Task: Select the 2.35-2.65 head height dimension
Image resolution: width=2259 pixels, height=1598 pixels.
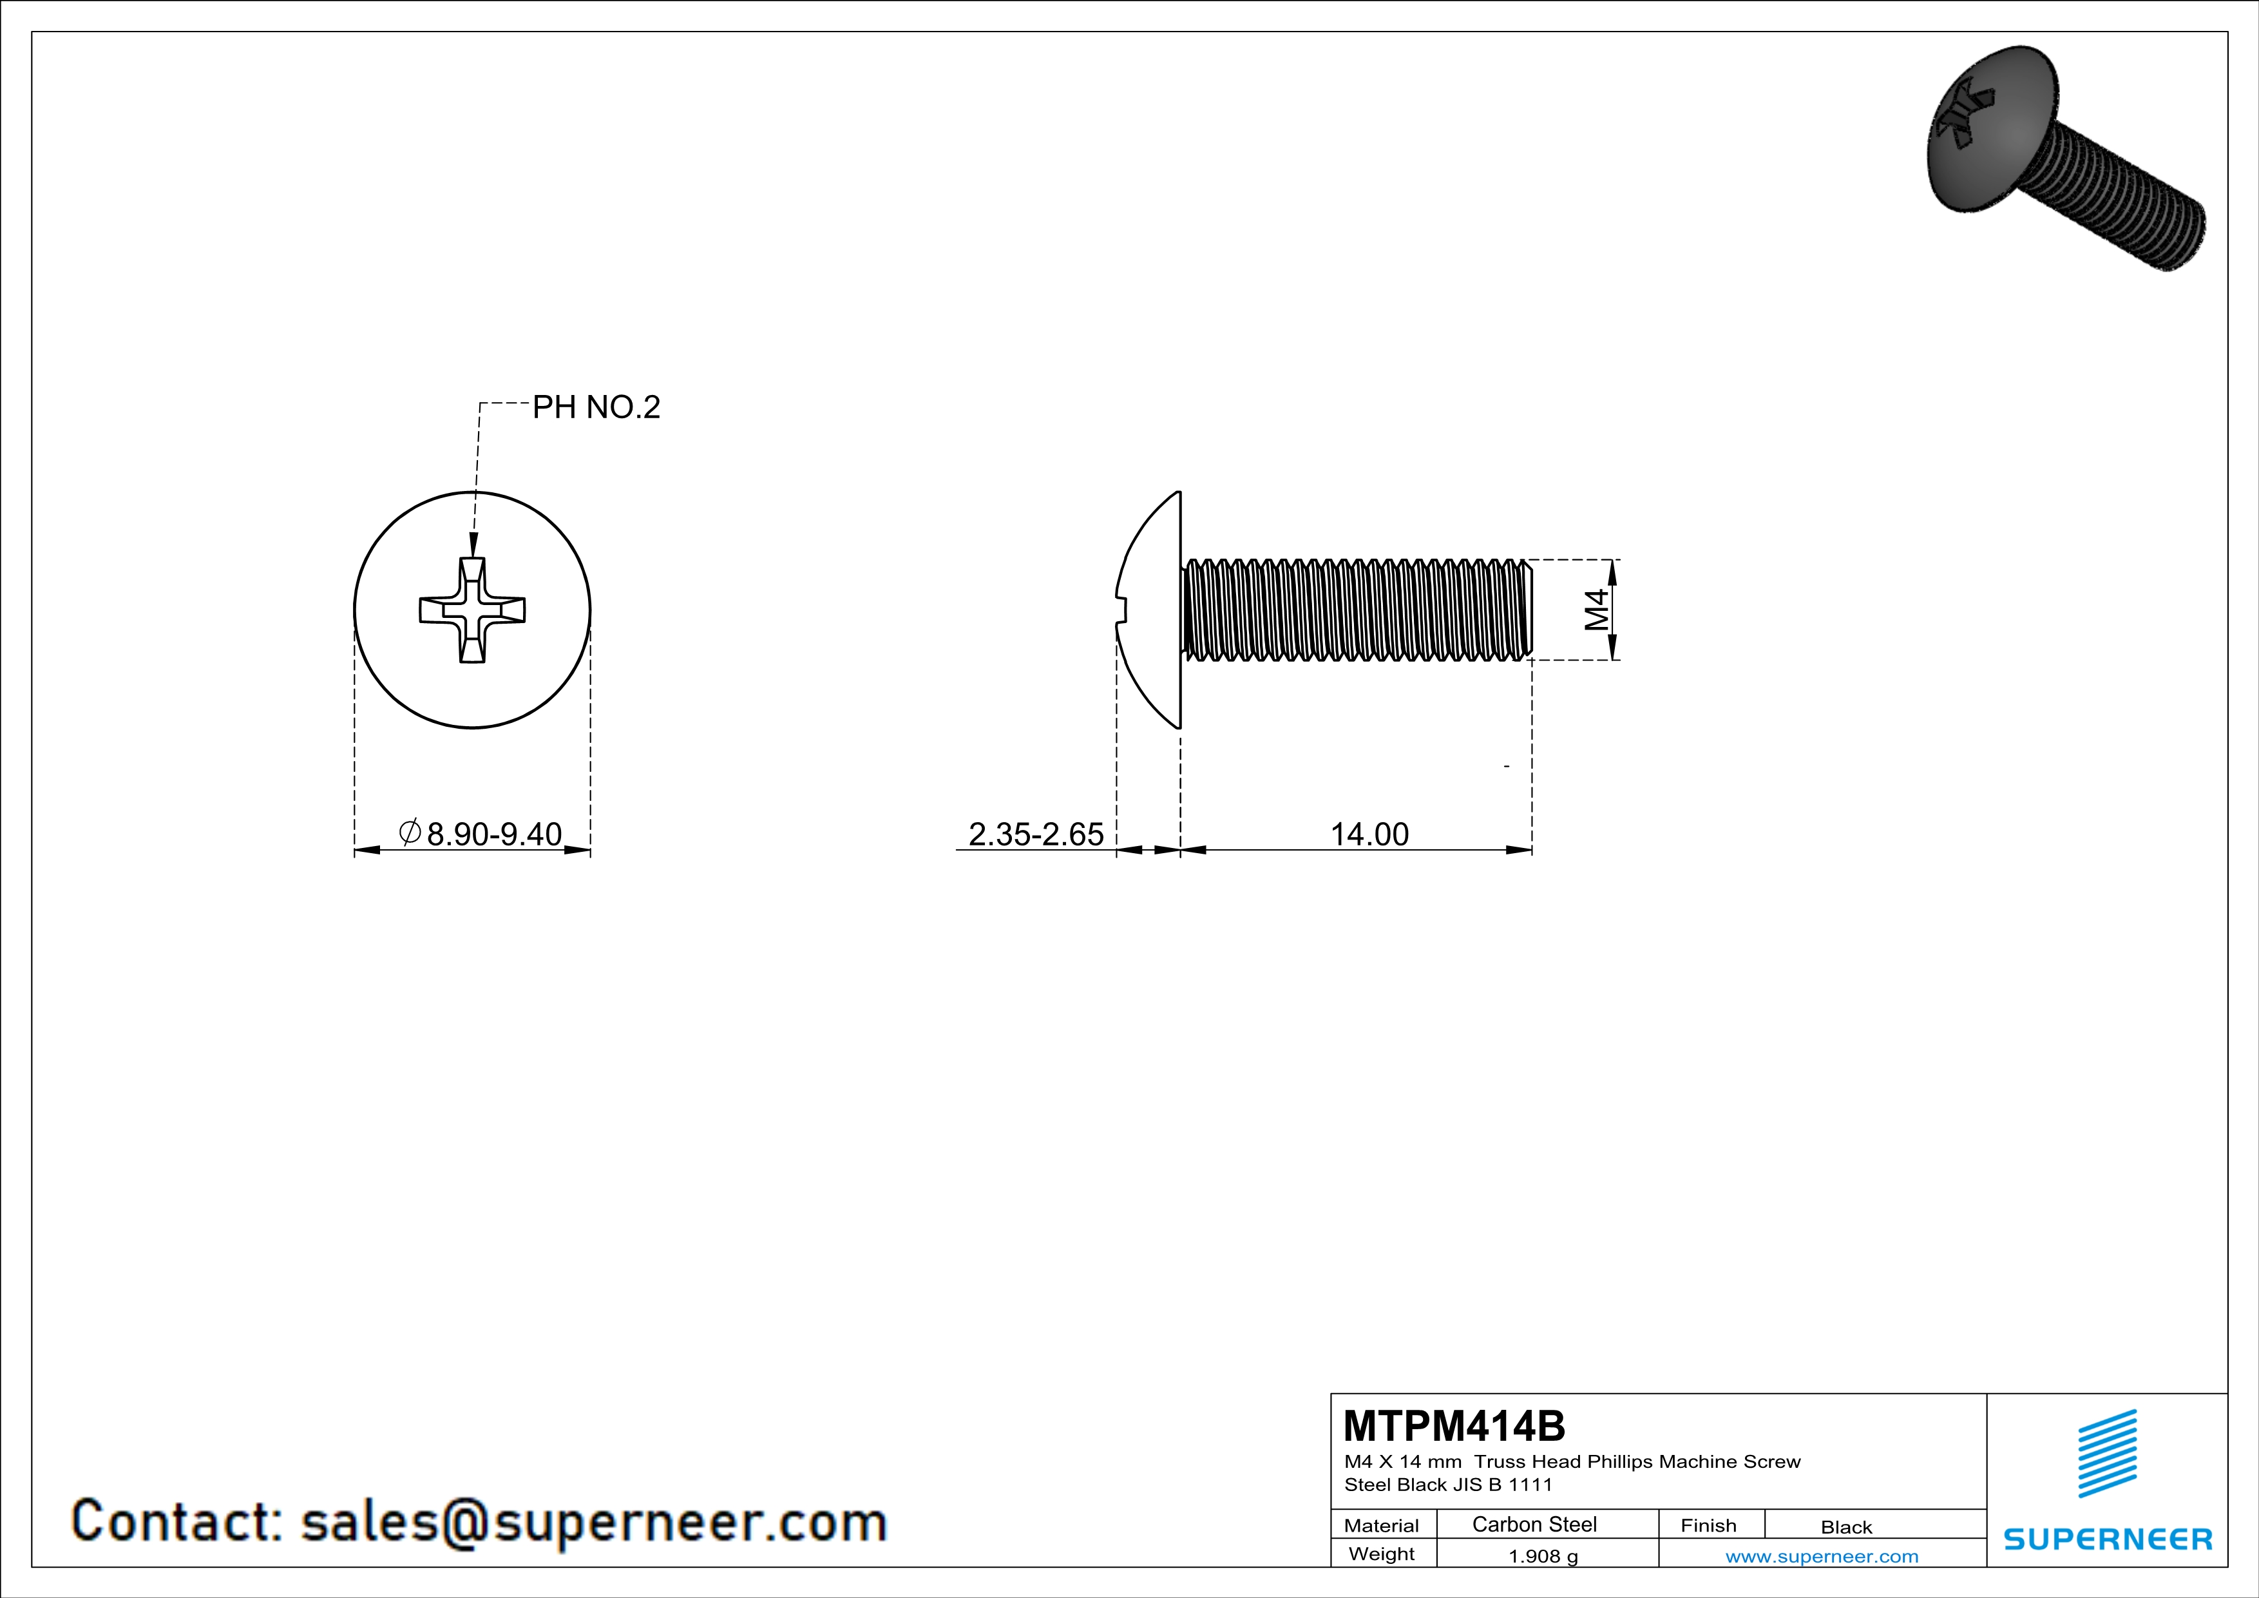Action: tap(1035, 834)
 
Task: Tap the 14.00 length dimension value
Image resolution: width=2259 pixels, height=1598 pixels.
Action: tap(1369, 834)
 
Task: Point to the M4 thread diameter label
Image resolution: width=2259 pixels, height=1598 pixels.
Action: tap(1596, 610)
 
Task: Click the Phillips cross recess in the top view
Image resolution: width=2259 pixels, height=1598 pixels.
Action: tap(472, 610)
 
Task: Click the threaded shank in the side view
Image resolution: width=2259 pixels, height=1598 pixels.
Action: tap(1358, 610)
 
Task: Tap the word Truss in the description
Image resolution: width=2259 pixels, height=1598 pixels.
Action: tap(1500, 1462)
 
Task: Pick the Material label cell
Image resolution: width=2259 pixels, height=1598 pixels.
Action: tap(1382, 1526)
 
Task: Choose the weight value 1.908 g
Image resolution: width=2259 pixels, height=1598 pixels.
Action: tap(1543, 1557)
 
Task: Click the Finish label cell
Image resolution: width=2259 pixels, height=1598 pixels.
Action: tap(1708, 1526)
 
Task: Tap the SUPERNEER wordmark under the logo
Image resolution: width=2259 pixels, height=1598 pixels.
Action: tap(2108, 1539)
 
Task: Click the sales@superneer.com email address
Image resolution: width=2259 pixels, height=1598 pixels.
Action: tap(593, 1521)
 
